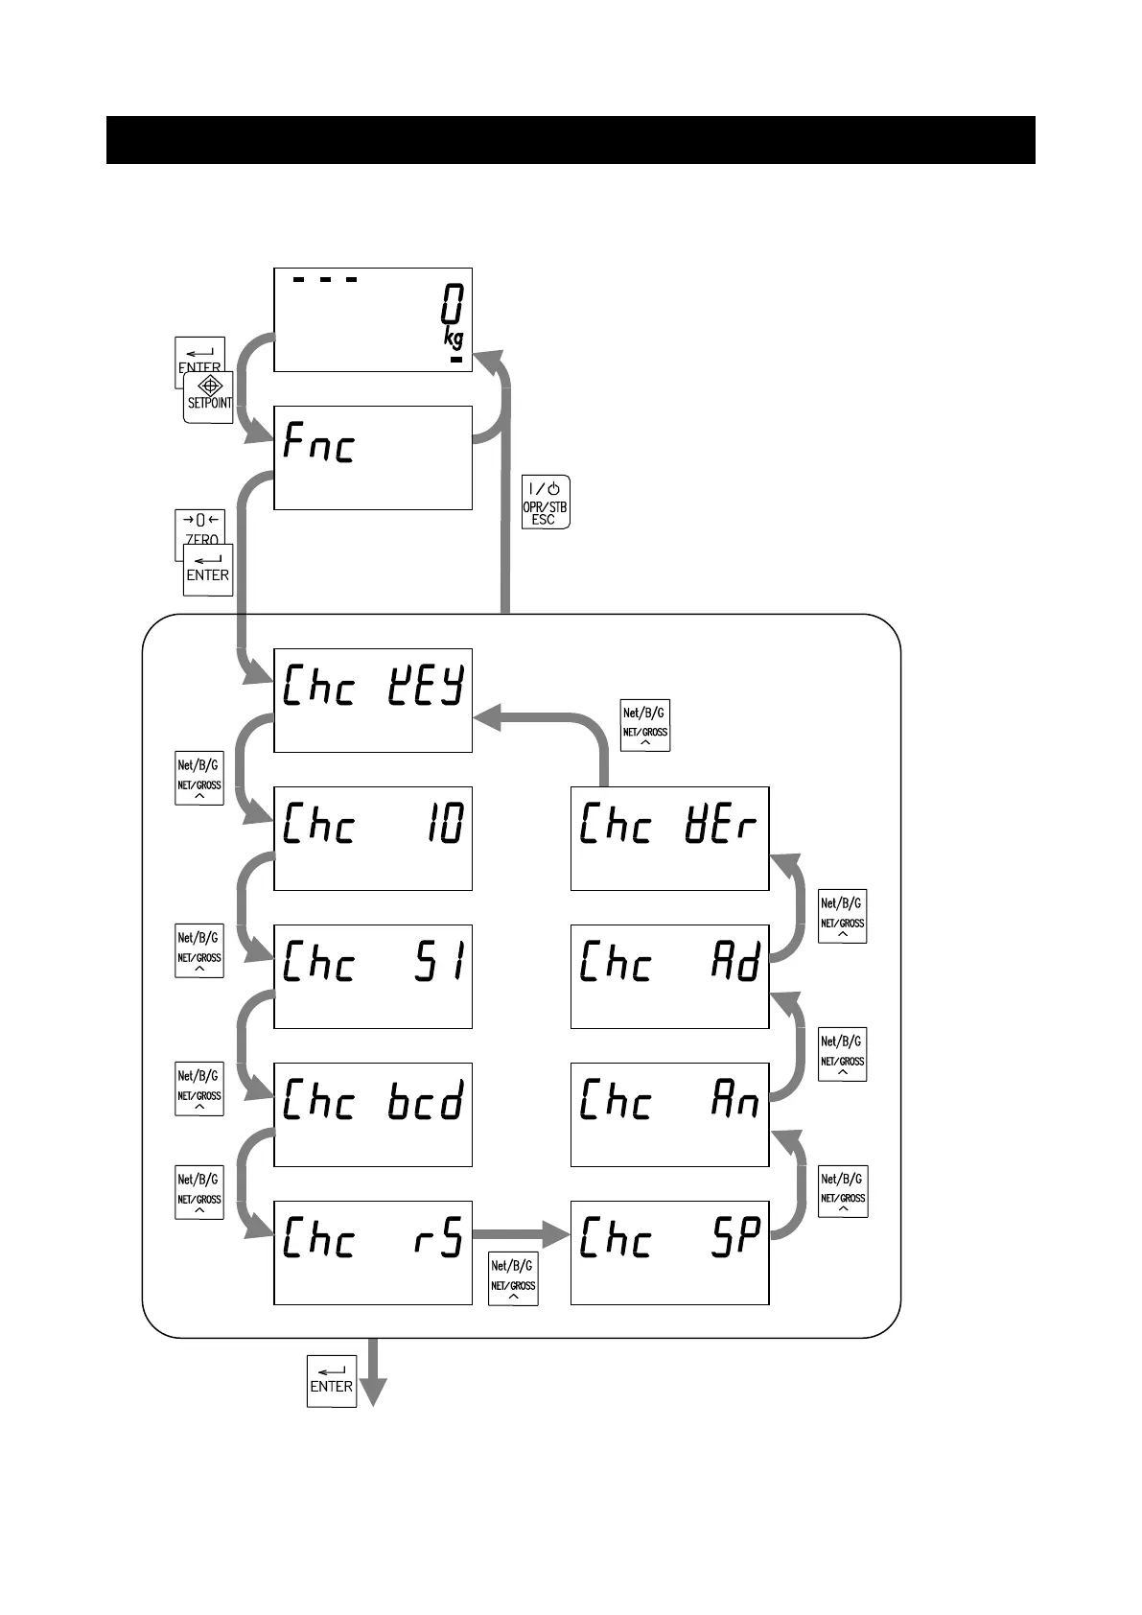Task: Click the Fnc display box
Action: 373,457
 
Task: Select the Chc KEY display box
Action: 373,700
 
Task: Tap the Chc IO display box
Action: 373,838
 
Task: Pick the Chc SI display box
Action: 373,976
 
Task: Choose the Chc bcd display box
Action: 373,1114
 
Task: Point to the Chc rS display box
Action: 373,1252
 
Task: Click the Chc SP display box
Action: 669,1252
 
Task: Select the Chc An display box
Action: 669,1114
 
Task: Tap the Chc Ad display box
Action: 669,976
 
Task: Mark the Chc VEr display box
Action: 669,838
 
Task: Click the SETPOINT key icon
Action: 209,398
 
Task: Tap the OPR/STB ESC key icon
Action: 545,502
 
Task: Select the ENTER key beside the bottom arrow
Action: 332,1381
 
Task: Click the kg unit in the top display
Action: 454,337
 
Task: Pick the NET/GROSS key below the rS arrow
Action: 513,1279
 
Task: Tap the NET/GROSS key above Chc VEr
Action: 644,725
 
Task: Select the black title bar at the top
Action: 571,140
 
